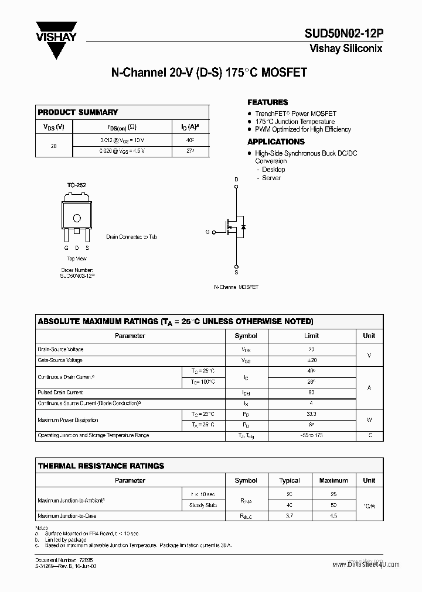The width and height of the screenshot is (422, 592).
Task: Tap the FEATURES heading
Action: point(267,102)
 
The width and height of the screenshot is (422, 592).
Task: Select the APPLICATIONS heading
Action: point(275,142)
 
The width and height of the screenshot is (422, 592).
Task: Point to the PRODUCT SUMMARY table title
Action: point(77,112)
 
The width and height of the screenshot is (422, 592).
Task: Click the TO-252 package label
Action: point(76,185)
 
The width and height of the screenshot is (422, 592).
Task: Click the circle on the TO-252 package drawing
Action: point(76,218)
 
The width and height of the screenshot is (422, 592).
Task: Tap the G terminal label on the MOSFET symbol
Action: point(207,232)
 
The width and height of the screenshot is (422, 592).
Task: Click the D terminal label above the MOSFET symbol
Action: point(236,179)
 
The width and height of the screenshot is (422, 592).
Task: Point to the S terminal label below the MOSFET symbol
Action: point(236,272)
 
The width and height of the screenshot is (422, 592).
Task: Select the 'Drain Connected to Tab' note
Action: point(131,237)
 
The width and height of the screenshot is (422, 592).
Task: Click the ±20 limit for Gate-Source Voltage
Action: point(311,360)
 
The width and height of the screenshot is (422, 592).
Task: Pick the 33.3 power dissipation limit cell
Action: point(311,414)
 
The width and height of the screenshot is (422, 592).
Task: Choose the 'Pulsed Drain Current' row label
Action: point(60,393)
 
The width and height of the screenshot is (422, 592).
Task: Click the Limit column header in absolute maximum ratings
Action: point(311,336)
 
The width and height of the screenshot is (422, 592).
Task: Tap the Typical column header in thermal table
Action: point(290,480)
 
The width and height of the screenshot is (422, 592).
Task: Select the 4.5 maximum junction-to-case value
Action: point(333,516)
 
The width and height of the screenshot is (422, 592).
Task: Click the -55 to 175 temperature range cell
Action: point(311,435)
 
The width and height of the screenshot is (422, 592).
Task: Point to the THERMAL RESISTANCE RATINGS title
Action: point(101,466)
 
